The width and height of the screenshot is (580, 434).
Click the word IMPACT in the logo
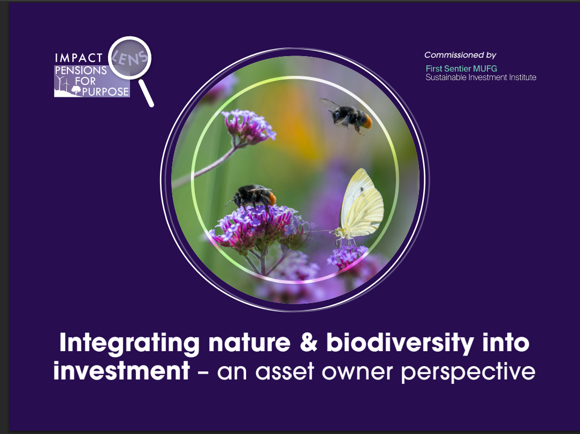pyautogui.click(x=78, y=58)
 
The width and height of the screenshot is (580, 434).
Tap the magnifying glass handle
pyautogui.click(x=146, y=93)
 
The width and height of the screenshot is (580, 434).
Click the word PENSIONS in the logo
pyautogui.click(x=80, y=71)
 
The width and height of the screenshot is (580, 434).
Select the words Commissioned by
pyautogui.click(x=460, y=55)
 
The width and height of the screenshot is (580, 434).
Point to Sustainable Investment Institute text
pyautogui.click(x=480, y=77)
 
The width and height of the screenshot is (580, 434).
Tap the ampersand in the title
pyautogui.click(x=309, y=343)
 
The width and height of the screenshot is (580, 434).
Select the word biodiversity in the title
pyautogui.click(x=401, y=343)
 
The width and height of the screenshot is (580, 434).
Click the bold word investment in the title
pyautogui.click(x=121, y=370)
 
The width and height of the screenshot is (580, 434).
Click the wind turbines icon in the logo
pyautogui.click(x=63, y=84)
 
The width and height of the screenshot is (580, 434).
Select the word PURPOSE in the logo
pyautogui.click(x=105, y=91)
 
